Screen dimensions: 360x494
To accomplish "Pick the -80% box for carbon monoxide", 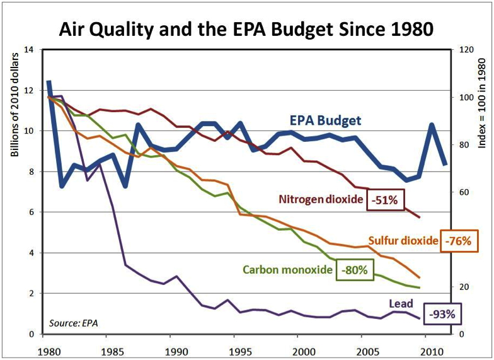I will [x=354, y=269].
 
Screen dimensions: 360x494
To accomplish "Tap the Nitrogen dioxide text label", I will [x=320, y=200].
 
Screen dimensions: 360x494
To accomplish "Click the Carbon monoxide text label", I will [x=287, y=269].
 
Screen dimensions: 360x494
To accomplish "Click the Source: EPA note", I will [x=74, y=323].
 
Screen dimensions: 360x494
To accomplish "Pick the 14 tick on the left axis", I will [x=28, y=50].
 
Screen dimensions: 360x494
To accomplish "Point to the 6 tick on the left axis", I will [x=30, y=212].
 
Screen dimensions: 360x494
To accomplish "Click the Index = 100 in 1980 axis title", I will [x=483, y=99].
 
